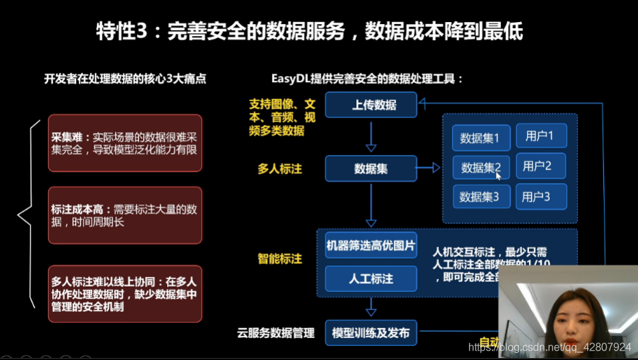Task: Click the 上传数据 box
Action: pyautogui.click(x=371, y=105)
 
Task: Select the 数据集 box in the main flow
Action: pyautogui.click(x=371, y=168)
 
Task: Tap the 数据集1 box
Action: pyautogui.click(x=481, y=138)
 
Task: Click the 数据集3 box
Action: pyautogui.click(x=481, y=197)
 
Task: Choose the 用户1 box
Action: pyautogui.click(x=540, y=136)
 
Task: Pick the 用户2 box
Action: pyautogui.click(x=540, y=166)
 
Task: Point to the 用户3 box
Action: pyautogui.click(x=540, y=196)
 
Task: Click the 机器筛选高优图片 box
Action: pyautogui.click(x=371, y=246)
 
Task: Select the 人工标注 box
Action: pyautogui.click(x=371, y=279)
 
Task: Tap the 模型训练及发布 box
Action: pyautogui.click(x=371, y=332)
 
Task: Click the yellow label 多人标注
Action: pyautogui.click(x=280, y=169)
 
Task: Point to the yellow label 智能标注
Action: pyautogui.click(x=280, y=258)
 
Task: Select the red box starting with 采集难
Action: pyautogui.click(x=125, y=143)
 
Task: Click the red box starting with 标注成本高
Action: pyautogui.click(x=125, y=215)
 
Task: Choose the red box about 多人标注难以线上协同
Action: pyautogui.click(x=125, y=294)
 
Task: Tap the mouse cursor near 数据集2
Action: pyautogui.click(x=498, y=175)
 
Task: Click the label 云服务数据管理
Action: pyautogui.click(x=275, y=332)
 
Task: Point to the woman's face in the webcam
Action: pyautogui.click(x=569, y=317)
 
